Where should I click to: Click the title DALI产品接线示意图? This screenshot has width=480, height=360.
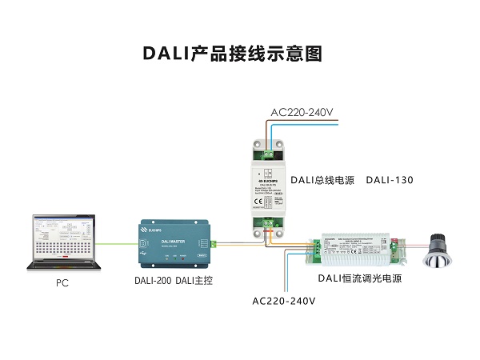(x=232, y=54)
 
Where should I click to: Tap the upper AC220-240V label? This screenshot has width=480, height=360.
(x=302, y=112)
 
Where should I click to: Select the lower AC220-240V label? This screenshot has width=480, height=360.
(x=284, y=302)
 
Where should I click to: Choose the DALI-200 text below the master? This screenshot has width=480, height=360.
(x=152, y=281)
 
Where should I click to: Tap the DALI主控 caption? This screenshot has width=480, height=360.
(x=194, y=281)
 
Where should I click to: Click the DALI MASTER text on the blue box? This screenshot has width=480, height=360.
(x=173, y=239)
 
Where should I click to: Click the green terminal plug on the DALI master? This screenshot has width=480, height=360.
(x=212, y=242)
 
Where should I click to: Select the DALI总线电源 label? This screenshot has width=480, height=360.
(x=322, y=180)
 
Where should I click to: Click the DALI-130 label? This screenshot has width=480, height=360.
(x=390, y=180)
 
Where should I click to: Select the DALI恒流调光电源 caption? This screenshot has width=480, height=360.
(x=359, y=279)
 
